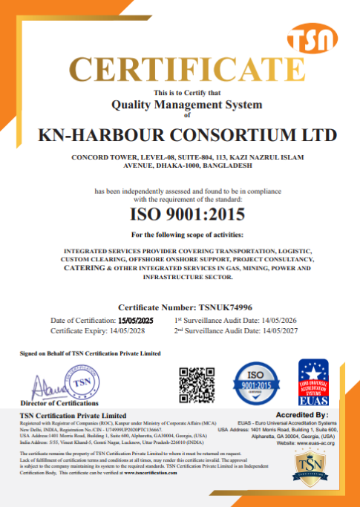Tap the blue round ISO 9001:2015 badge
tap(257, 383)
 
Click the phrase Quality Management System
tap(186, 105)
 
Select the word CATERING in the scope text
tap(88, 268)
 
